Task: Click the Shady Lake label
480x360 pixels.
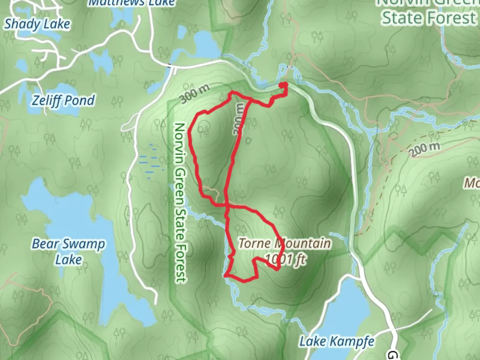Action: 37,24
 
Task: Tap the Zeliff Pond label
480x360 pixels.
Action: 63,100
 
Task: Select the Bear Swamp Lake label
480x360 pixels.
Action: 68,251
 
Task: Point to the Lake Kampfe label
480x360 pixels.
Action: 337,341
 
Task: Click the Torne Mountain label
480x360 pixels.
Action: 285,244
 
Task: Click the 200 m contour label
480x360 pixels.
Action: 424,149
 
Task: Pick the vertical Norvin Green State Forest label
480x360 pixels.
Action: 180,203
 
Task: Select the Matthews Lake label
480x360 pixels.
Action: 132,3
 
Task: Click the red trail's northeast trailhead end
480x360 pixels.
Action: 284,85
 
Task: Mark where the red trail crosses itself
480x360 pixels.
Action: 227,206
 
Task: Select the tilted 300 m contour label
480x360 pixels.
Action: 196,94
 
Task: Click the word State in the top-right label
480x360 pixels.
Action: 403,18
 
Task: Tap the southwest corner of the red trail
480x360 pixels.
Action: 226,275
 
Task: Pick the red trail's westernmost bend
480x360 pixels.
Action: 190,132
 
